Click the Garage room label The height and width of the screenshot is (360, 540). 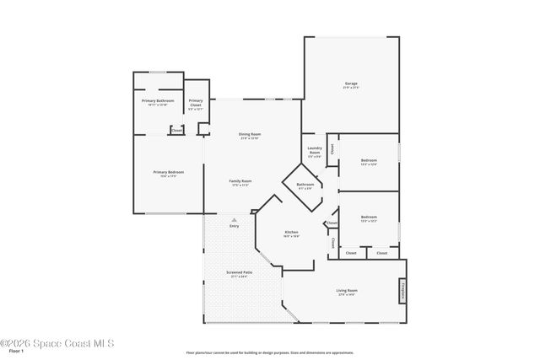(x=350, y=84)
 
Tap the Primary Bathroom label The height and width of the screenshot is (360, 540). (x=158, y=102)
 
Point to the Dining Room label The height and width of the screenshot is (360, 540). (x=249, y=135)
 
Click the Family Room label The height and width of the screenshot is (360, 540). (x=240, y=182)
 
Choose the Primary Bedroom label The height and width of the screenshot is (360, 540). (x=169, y=173)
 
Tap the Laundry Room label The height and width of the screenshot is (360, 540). (x=314, y=153)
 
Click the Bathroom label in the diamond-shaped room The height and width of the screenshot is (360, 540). (x=305, y=185)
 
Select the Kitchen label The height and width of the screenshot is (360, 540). (x=291, y=234)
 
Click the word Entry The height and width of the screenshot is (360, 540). (x=234, y=226)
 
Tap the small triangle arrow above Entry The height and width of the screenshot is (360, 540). (x=234, y=218)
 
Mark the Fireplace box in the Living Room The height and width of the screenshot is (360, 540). (x=402, y=290)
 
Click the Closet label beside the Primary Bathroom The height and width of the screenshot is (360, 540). (x=175, y=130)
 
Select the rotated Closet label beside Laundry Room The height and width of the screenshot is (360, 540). (x=332, y=148)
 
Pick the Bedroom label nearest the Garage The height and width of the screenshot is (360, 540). (x=369, y=162)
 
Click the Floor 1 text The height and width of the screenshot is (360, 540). (x=16, y=351)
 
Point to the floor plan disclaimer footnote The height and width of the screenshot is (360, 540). (x=269, y=352)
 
